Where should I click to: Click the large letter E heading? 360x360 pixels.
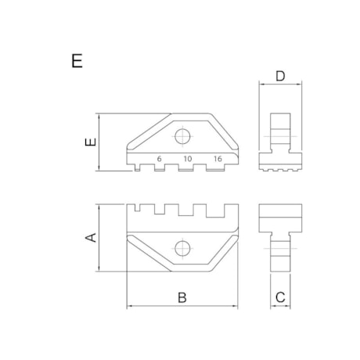pyautogui.click(x=76, y=62)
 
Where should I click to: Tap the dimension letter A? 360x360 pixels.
pyautogui.click(x=90, y=238)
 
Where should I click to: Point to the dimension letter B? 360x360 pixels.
pyautogui.click(x=182, y=297)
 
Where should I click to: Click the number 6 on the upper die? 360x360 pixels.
pyautogui.click(x=159, y=159)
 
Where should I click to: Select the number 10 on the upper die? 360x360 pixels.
pyautogui.click(x=188, y=159)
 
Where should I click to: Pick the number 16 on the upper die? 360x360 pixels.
pyautogui.click(x=217, y=159)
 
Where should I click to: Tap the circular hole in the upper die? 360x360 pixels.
pyautogui.click(x=182, y=136)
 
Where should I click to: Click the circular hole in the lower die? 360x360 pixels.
pyautogui.click(x=182, y=249)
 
